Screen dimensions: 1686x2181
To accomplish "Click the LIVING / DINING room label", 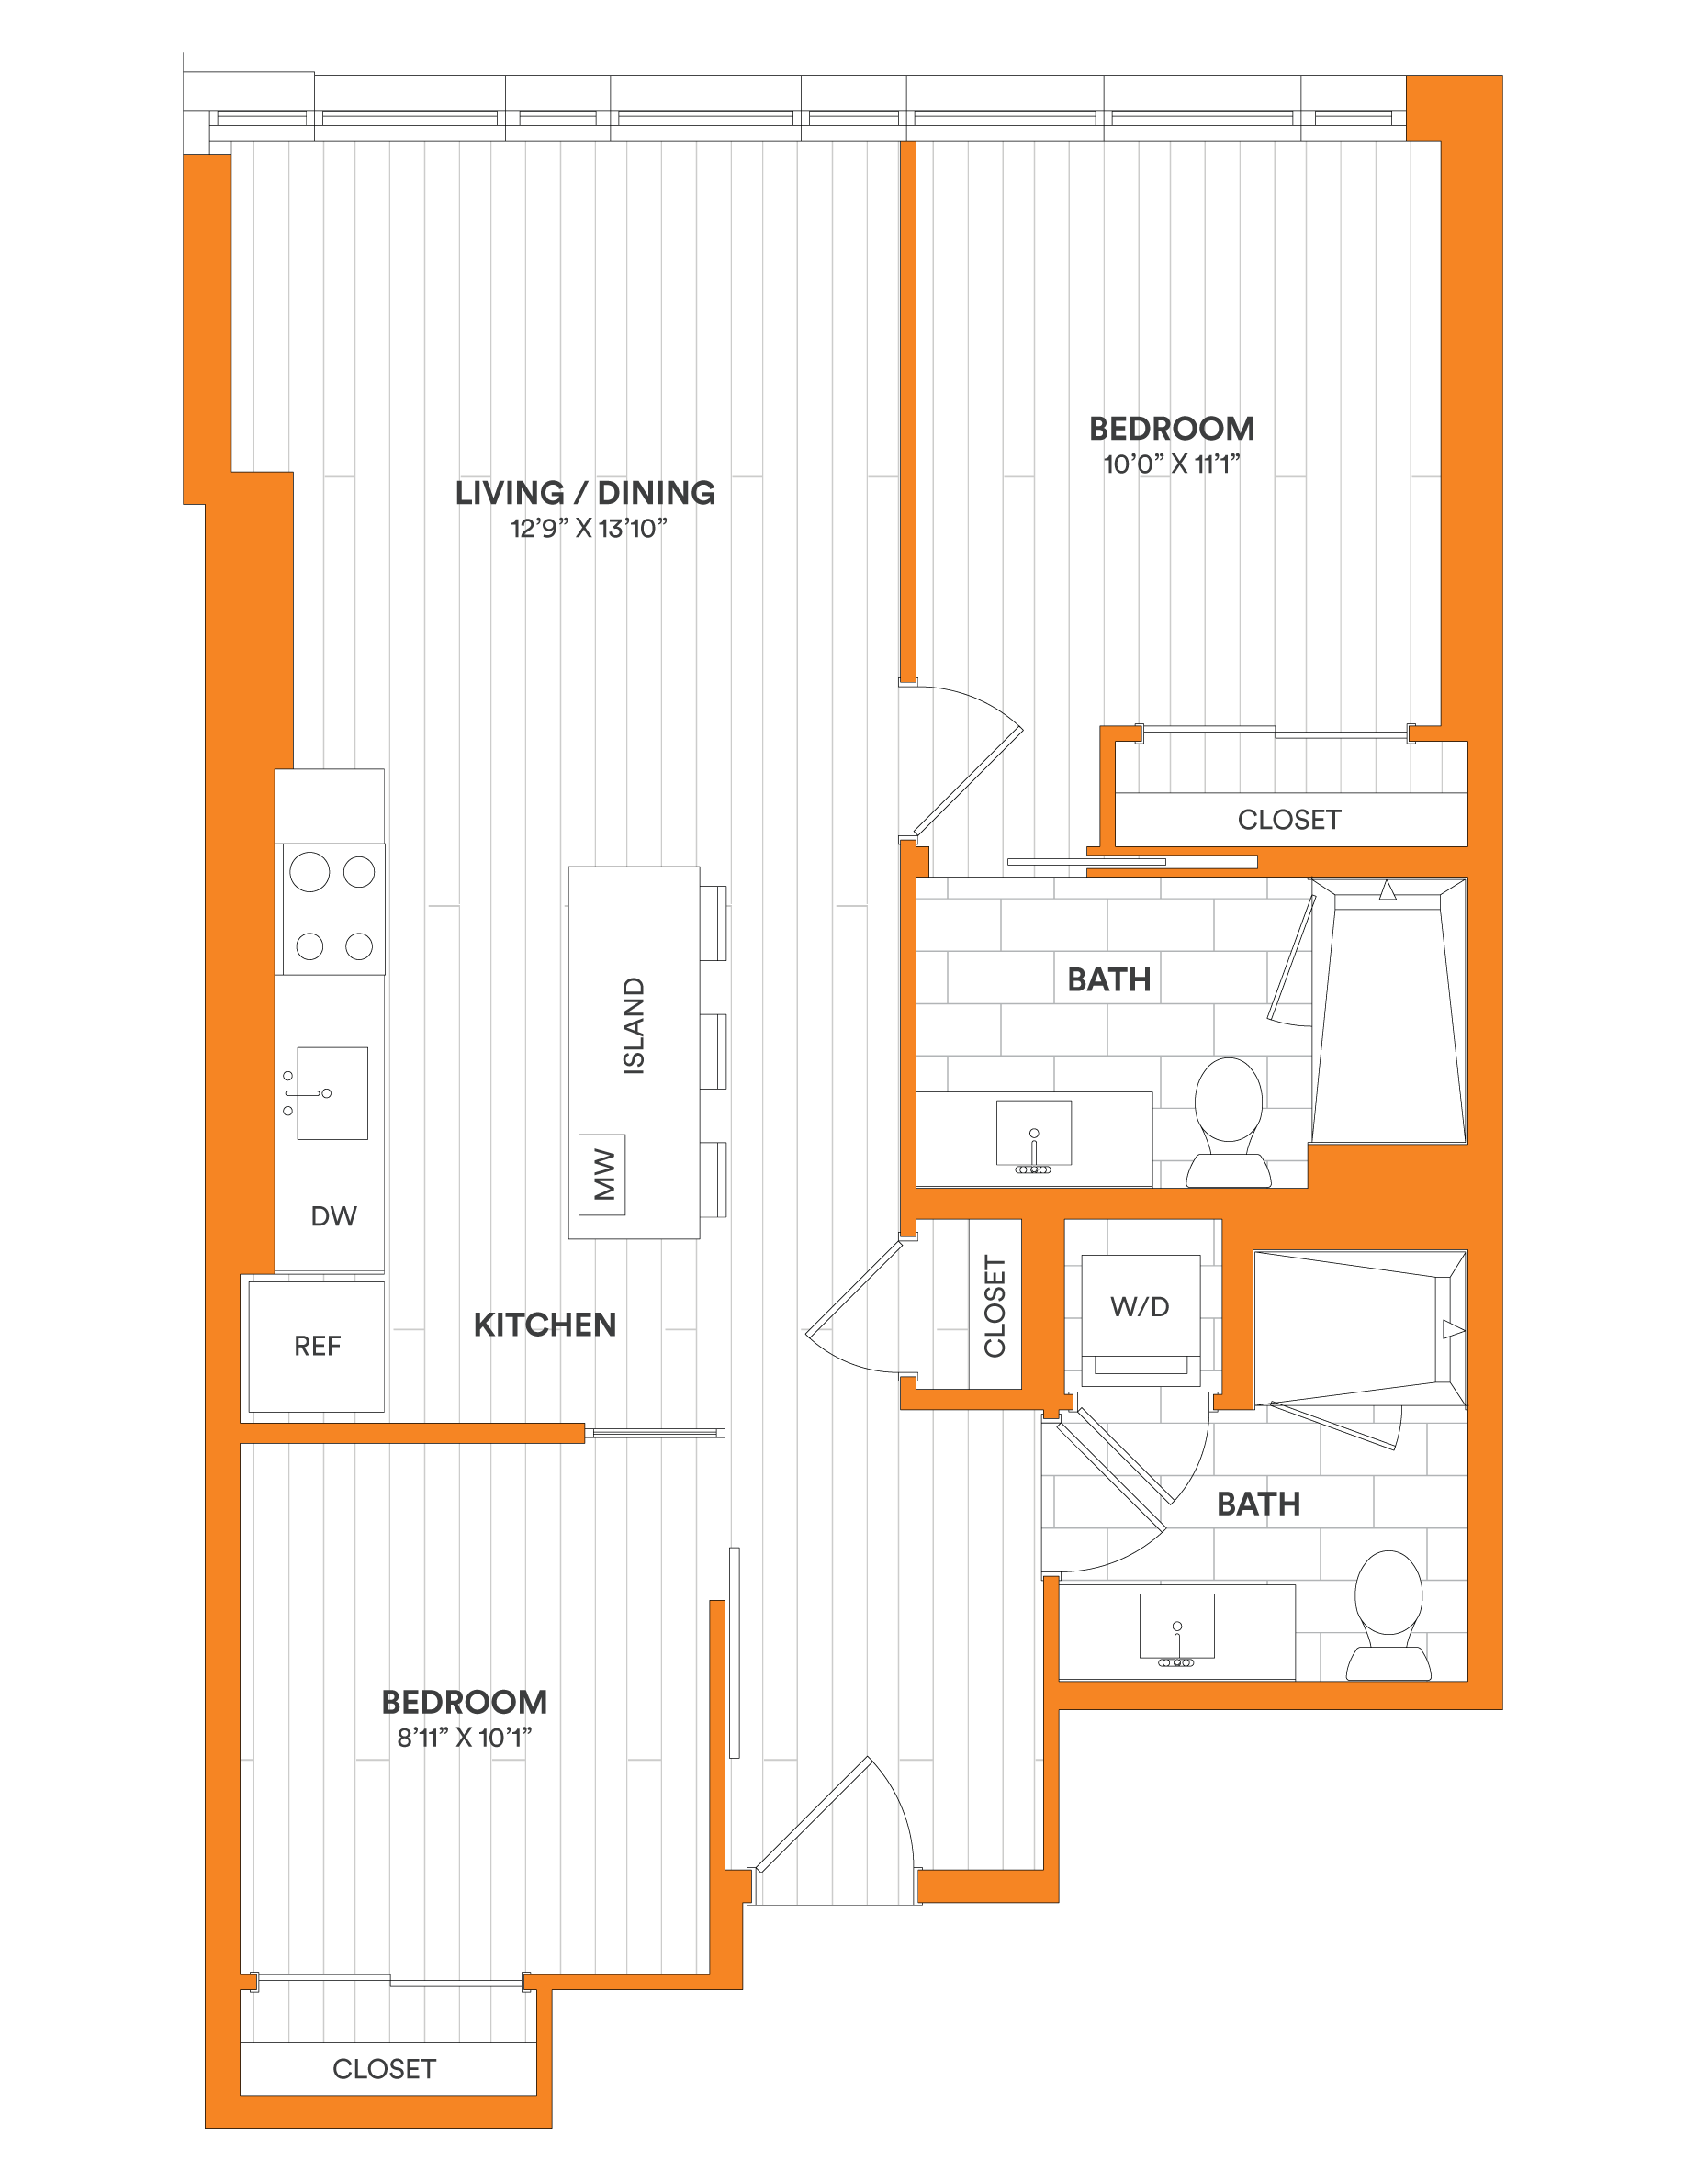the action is (x=585, y=492).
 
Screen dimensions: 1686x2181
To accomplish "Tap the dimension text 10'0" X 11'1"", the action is (x=1172, y=464).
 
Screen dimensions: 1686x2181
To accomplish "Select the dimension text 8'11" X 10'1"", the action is (x=465, y=1737).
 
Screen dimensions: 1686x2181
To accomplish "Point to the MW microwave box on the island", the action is (x=602, y=1174).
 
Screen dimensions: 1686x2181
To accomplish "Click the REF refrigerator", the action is (x=317, y=1347).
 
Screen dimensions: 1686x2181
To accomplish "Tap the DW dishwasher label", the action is (x=333, y=1215).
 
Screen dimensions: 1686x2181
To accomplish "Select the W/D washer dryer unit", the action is (x=1141, y=1319).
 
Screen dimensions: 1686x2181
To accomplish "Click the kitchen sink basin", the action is (x=332, y=1092).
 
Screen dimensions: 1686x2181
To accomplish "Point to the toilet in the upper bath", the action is (x=1229, y=1123).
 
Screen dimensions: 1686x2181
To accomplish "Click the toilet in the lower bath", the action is (x=1388, y=1615).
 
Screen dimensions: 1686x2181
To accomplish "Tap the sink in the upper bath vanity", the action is (x=1034, y=1134).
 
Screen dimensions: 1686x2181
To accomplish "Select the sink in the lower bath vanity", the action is (x=1176, y=1627).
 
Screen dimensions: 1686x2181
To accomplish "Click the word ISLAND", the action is (x=634, y=1025).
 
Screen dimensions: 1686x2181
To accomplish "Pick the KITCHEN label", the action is (x=545, y=1325).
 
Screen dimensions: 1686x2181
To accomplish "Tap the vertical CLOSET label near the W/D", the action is (x=995, y=1306).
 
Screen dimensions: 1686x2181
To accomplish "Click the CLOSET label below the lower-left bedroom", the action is (x=385, y=2068).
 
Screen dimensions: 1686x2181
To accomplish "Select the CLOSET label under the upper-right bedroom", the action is (x=1289, y=819).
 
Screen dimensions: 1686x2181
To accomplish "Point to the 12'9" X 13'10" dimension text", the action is (x=589, y=529).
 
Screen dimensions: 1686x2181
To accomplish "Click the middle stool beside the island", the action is (x=714, y=1052).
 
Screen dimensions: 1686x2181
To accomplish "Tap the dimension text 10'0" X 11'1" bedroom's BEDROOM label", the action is (x=1172, y=429).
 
